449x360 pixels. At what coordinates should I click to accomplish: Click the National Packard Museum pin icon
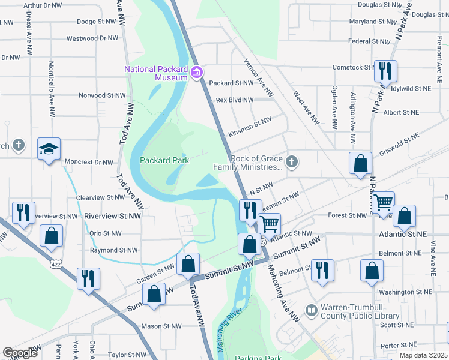click(x=196, y=74)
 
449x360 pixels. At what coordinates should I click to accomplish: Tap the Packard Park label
click(x=164, y=160)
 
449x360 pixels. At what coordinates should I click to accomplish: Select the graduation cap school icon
click(x=49, y=149)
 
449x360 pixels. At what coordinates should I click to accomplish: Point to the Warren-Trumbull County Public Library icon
click(x=311, y=310)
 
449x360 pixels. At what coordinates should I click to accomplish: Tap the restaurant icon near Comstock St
click(x=384, y=71)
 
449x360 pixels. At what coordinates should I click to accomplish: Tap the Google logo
click(x=20, y=353)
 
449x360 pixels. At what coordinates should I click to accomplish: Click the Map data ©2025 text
click(x=424, y=355)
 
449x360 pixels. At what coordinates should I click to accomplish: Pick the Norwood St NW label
click(x=103, y=95)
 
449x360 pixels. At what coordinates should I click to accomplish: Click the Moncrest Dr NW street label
click(x=89, y=162)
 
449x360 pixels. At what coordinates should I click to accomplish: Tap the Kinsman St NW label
click(x=250, y=122)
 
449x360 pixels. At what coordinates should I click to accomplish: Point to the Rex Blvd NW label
click(x=235, y=100)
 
